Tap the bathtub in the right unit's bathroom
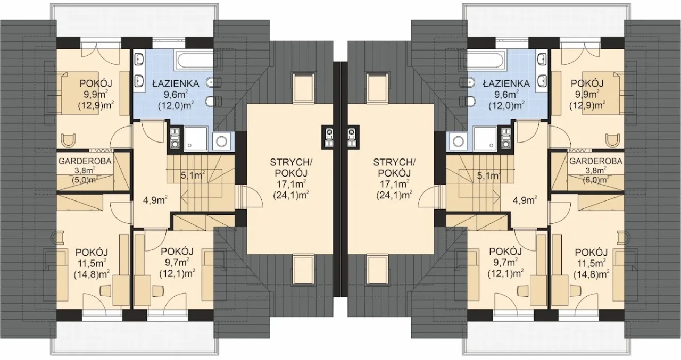[x=486, y=60]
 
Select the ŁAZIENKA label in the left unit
[x=176, y=83]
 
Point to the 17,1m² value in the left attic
[x=291, y=184]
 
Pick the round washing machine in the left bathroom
[x=222, y=141]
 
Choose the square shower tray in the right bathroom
[x=485, y=139]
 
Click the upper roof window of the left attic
[x=303, y=87]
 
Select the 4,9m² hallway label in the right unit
[x=525, y=200]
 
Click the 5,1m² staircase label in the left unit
[x=193, y=175]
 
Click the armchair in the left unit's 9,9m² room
[x=69, y=140]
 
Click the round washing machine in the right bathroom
[x=459, y=141]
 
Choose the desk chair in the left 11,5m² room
[x=105, y=290]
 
